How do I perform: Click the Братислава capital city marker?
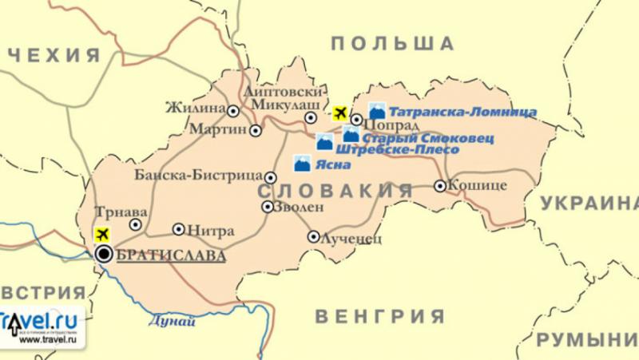pyautogui.click(x=104, y=255)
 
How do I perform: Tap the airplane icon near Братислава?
pyautogui.click(x=101, y=235)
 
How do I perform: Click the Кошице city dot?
pyautogui.click(x=440, y=186)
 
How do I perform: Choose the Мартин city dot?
pyautogui.click(x=256, y=130)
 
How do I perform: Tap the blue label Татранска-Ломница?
pyautogui.click(x=462, y=113)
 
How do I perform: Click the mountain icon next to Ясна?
pyautogui.click(x=302, y=164)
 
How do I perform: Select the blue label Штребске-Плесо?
pyautogui.click(x=397, y=150)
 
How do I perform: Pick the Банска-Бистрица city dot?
pyautogui.click(x=271, y=178)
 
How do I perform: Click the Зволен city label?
pyautogui.click(x=299, y=207)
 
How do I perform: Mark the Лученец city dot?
pyautogui.click(x=313, y=236)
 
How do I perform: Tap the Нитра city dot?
pyautogui.click(x=179, y=229)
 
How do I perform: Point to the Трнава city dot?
pyautogui.click(x=136, y=225)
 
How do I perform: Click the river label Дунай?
pyautogui.click(x=172, y=322)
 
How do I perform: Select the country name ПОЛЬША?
pyautogui.click(x=392, y=44)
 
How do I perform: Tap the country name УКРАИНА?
pyautogui.click(x=589, y=204)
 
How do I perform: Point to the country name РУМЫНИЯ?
pyautogui.click(x=587, y=341)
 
